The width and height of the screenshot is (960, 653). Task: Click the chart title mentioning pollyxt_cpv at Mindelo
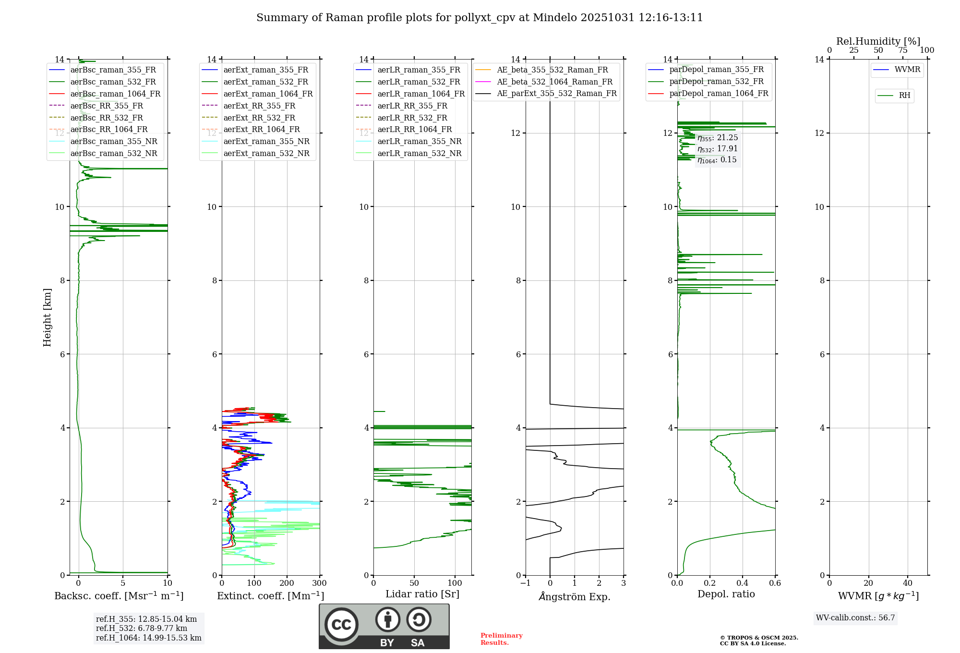(480, 18)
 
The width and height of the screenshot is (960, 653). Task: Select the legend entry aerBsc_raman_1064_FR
(115, 94)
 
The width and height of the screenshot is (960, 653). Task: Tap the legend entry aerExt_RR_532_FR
(259, 118)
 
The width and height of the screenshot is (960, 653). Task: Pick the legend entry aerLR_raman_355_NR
(419, 141)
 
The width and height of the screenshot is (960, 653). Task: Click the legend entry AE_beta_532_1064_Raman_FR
(554, 82)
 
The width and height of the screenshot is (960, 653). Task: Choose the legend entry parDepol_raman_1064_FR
(719, 93)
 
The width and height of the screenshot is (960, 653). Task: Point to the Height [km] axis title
(47, 317)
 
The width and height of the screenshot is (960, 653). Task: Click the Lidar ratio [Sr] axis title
(422, 594)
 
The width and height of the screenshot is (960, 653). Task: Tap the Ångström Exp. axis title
(575, 596)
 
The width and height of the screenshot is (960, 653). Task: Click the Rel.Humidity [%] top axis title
(878, 41)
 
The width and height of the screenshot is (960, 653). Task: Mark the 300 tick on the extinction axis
(319, 583)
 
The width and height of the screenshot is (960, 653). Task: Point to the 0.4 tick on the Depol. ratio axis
(742, 583)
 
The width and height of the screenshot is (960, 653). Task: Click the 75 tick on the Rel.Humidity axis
(903, 50)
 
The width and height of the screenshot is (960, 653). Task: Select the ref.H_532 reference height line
(142, 628)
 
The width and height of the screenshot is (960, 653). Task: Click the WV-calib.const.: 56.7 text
(855, 617)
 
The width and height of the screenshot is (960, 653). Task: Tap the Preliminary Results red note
(501, 639)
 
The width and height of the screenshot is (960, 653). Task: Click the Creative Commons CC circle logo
(341, 624)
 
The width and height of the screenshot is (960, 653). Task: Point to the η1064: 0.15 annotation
(717, 160)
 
